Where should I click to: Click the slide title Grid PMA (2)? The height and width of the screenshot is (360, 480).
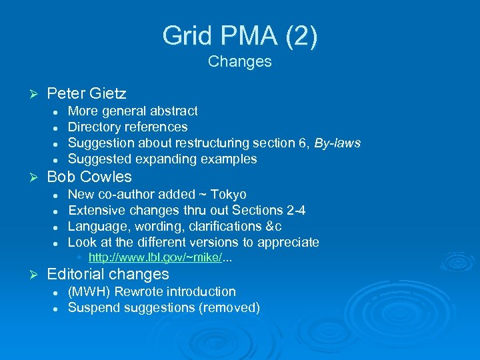(239, 35)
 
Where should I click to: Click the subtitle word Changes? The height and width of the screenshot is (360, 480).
(239, 61)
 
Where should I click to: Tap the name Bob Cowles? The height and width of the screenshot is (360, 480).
(89, 177)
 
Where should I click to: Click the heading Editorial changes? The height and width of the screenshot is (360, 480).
(108, 274)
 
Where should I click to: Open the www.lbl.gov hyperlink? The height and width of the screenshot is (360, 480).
(155, 258)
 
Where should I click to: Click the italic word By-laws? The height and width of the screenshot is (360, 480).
(337, 143)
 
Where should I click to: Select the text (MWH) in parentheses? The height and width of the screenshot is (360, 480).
(89, 291)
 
